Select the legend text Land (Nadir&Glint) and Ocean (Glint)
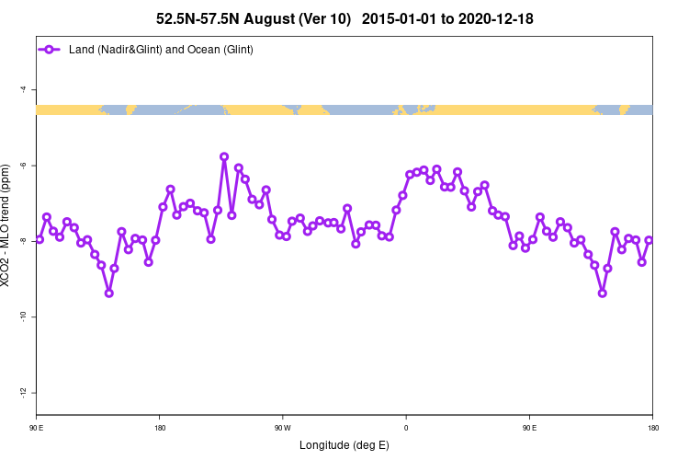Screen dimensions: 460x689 click(x=161, y=49)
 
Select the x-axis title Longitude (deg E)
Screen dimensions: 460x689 click(x=344, y=445)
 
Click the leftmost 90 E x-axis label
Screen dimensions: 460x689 click(x=36, y=428)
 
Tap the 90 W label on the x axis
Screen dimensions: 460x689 click(x=282, y=428)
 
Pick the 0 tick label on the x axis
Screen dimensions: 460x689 click(x=406, y=428)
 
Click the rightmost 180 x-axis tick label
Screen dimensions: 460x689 click(x=652, y=428)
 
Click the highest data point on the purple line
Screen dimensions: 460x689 click(x=224, y=156)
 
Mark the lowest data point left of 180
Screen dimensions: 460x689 click(x=108, y=293)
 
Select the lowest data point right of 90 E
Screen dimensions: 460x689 click(x=603, y=293)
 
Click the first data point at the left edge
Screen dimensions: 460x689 click(x=40, y=239)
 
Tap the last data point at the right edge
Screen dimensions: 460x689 click(x=649, y=240)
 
